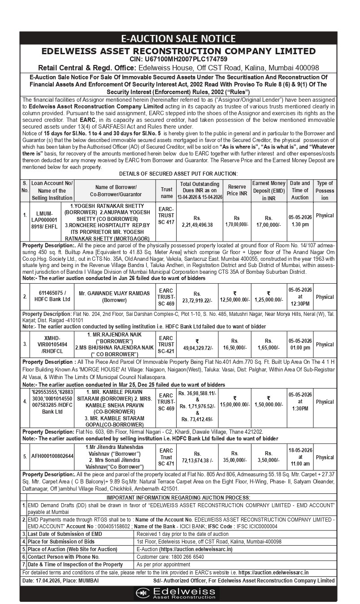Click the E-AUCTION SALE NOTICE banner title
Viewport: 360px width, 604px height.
point(180,39)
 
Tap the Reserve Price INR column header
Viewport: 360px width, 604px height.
point(237,190)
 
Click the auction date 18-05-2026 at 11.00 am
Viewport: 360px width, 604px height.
point(300,457)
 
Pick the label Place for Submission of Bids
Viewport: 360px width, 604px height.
point(61,541)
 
